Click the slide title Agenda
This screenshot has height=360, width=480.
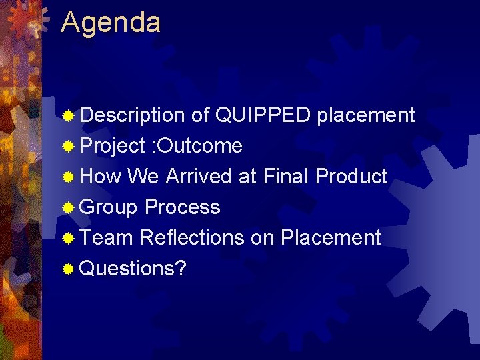[x=111, y=23]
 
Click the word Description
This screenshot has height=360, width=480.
[x=131, y=115]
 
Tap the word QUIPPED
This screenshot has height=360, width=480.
[x=263, y=115]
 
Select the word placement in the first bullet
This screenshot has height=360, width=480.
[x=366, y=115]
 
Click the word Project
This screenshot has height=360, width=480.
[x=112, y=146]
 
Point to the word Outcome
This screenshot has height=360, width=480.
[x=199, y=146]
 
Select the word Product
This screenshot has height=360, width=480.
[x=351, y=177]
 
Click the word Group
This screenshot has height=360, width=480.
[x=108, y=207]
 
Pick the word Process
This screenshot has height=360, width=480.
[x=182, y=207]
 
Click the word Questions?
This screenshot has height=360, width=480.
[x=133, y=269]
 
